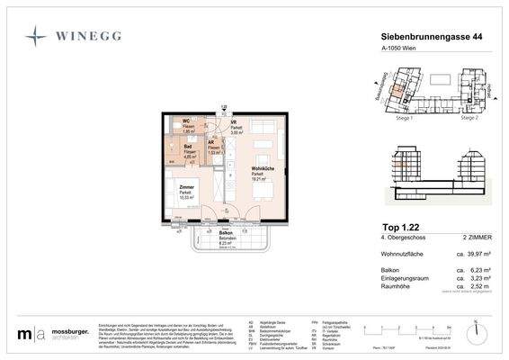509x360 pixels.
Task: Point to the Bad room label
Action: coord(188,148)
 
